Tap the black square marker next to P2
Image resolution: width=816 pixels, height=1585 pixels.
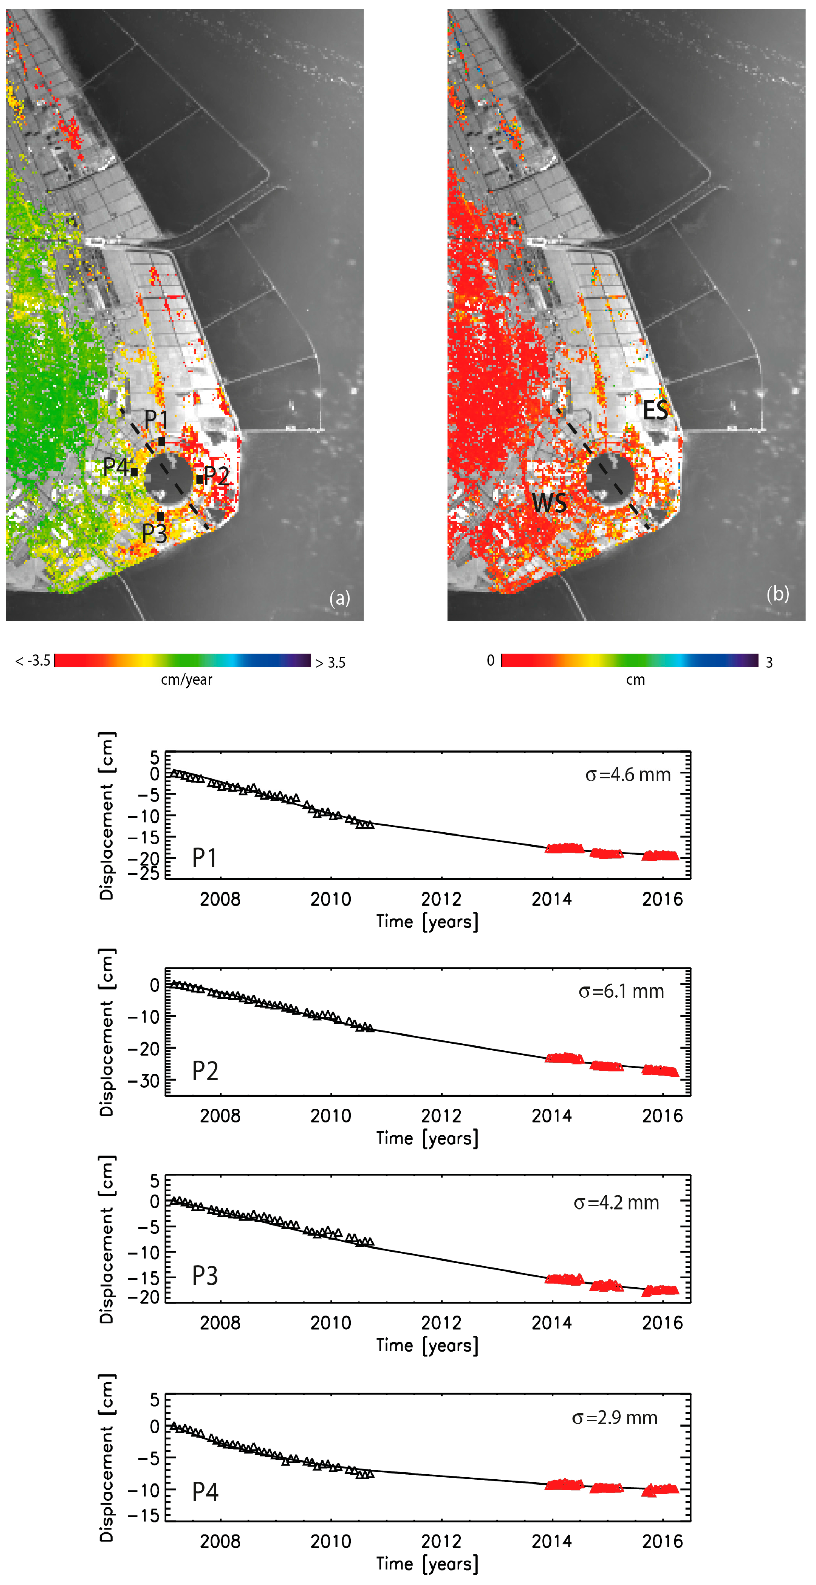pos(199,479)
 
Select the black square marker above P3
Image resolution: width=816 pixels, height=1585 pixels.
pos(160,516)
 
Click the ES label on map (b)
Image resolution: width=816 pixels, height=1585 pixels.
pos(655,411)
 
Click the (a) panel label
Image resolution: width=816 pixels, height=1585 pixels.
pos(340,598)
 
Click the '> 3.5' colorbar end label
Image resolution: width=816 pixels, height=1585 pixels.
pos(330,663)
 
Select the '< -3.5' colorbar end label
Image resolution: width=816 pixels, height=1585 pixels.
pos(33,661)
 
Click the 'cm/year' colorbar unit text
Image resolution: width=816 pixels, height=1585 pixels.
pos(187,680)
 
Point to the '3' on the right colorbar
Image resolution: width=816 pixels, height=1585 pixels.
pos(769,663)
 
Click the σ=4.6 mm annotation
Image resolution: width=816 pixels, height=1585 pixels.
pos(628,774)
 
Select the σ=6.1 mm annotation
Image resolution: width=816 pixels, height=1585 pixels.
pos(622,991)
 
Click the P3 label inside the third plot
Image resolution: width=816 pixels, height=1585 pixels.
pos(205,1276)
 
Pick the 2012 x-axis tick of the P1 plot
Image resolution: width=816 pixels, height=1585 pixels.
pos(441,900)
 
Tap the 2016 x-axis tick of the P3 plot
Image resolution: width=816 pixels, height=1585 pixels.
pos(662,1323)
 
